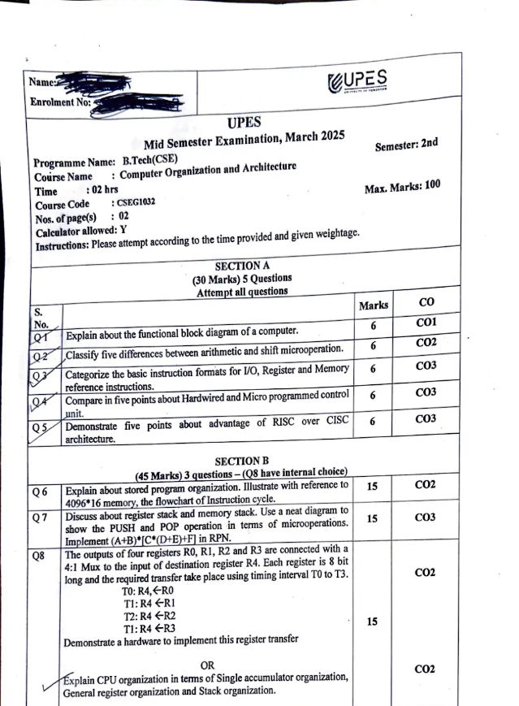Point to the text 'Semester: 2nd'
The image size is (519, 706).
coord(406,145)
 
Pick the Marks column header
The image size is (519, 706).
coord(373,305)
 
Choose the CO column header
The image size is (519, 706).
coord(426,303)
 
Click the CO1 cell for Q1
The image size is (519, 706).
coord(426,323)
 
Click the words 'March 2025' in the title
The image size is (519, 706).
coord(310,136)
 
